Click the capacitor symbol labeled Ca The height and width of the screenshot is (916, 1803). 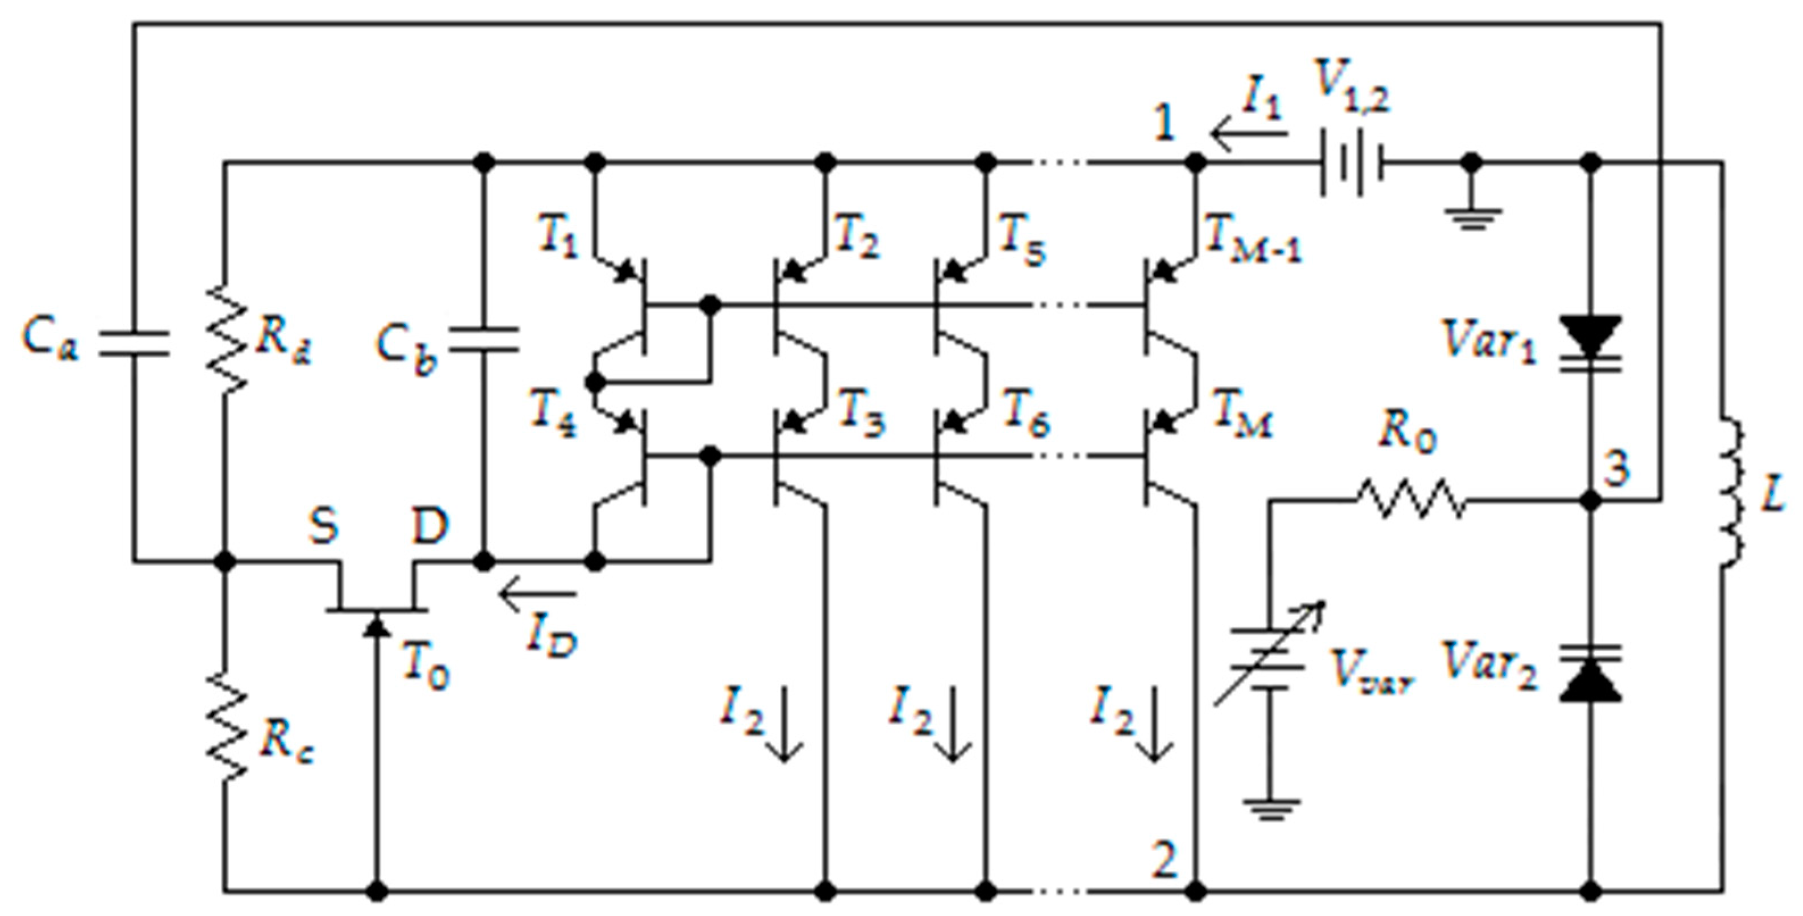coord(133,342)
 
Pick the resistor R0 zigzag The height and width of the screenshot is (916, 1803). coord(1410,500)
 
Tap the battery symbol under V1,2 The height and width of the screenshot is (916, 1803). coord(1351,163)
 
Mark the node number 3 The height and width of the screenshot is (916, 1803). coord(1617,469)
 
